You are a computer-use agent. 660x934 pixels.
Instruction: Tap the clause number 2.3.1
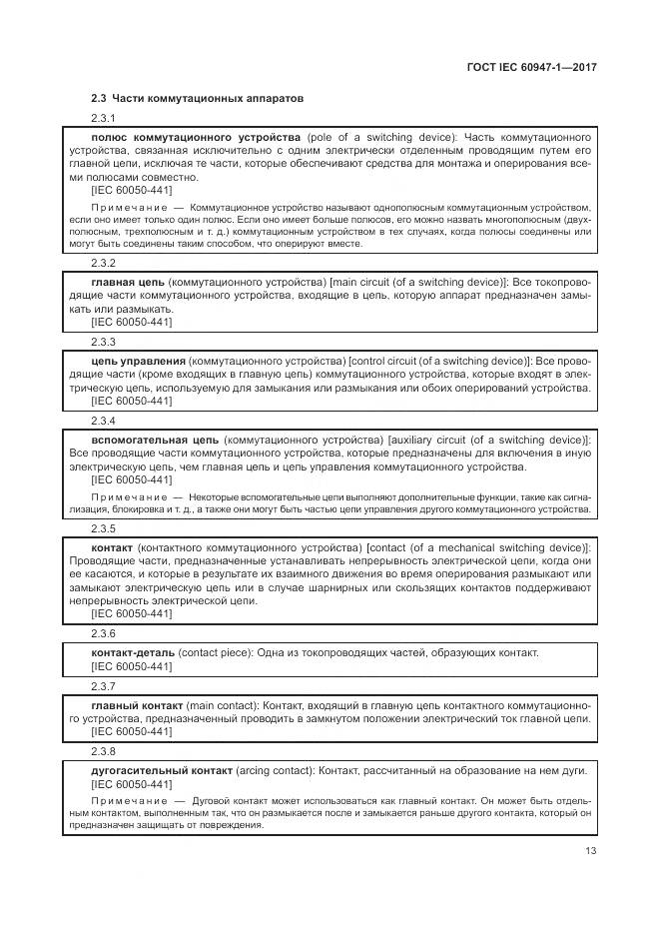(x=103, y=118)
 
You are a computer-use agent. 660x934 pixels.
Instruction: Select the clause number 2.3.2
(x=103, y=264)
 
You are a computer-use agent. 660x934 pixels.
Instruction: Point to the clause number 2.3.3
(x=103, y=342)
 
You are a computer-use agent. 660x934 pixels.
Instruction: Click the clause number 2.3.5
(x=103, y=528)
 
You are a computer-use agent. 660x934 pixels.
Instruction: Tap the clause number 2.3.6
(x=103, y=634)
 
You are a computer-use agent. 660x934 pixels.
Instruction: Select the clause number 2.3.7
(x=103, y=686)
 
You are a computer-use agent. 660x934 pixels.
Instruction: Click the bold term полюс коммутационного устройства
(x=195, y=137)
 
